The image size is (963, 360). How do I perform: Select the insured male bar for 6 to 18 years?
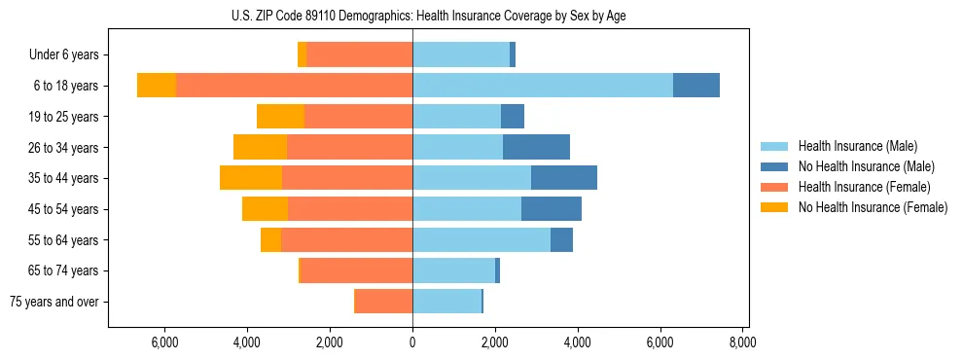[x=543, y=86]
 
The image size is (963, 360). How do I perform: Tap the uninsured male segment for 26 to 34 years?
[x=536, y=147]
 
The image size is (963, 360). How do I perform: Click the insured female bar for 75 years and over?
[x=383, y=302]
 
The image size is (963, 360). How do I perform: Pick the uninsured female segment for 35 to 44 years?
[x=251, y=178]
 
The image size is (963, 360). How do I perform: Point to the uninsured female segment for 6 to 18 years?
[x=157, y=86]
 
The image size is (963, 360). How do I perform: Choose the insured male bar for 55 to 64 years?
[x=481, y=239]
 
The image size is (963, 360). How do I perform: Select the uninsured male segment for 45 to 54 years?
[x=552, y=209]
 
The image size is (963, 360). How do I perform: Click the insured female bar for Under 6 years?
[x=359, y=54]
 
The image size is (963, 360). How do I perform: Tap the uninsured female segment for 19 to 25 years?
[x=280, y=117]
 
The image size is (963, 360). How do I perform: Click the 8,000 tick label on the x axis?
[x=743, y=342]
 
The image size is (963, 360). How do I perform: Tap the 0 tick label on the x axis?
[x=412, y=342]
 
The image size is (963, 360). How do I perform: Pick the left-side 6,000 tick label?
[x=164, y=342]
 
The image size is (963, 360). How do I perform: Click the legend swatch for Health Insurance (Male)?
[x=774, y=146]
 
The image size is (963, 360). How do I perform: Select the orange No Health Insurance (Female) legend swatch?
[x=774, y=207]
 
